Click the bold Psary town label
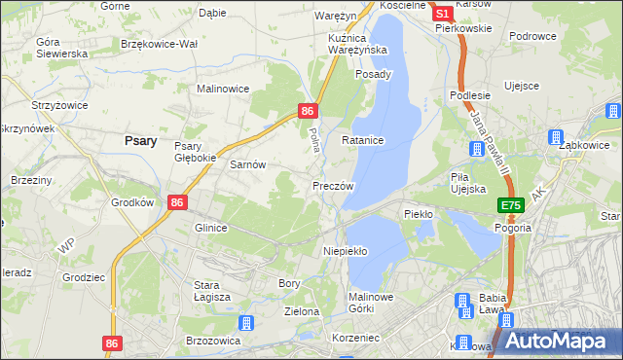pyautogui.click(x=141, y=140)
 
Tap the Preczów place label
pyautogui.click(x=333, y=185)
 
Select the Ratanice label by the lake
pyautogui.click(x=363, y=141)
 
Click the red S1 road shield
pyautogui.click(x=441, y=14)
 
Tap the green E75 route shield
pyautogui.click(x=512, y=206)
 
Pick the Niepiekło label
pyautogui.click(x=345, y=251)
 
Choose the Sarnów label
pyautogui.click(x=247, y=165)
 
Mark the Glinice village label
pyautogui.click(x=210, y=228)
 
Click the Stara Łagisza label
pyautogui.click(x=210, y=291)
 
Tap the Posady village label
pyautogui.click(x=373, y=74)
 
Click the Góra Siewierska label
pyautogui.click(x=61, y=48)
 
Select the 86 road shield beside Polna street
pyautogui.click(x=308, y=112)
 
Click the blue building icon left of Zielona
pyautogui.click(x=246, y=322)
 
